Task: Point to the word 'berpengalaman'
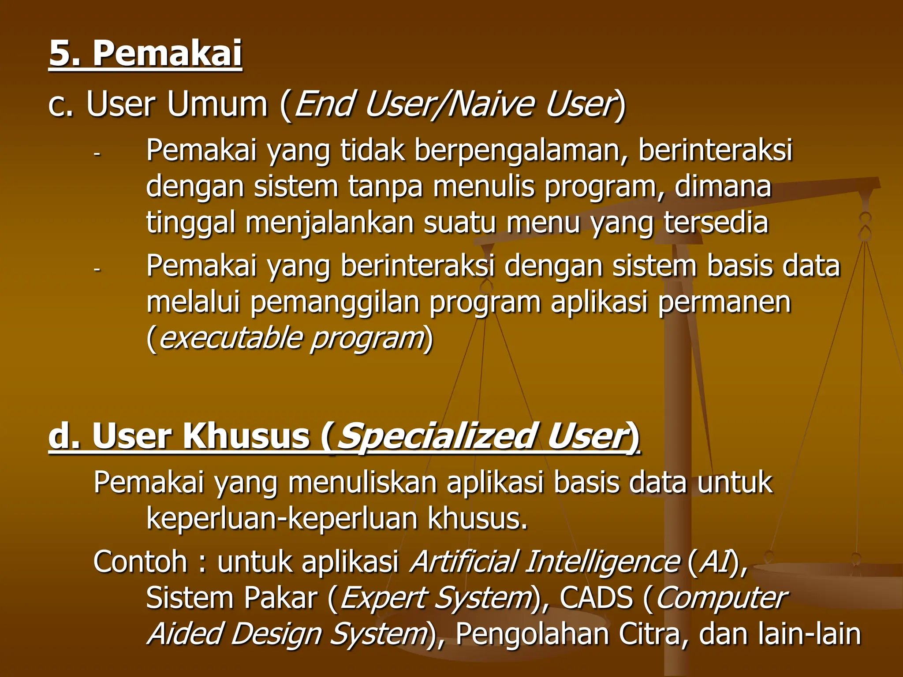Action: point(521,151)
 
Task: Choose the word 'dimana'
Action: point(723,187)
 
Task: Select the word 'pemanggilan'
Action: point(335,303)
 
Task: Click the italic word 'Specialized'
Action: point(437,436)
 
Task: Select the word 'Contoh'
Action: point(141,562)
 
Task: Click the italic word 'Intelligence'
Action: point(602,562)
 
